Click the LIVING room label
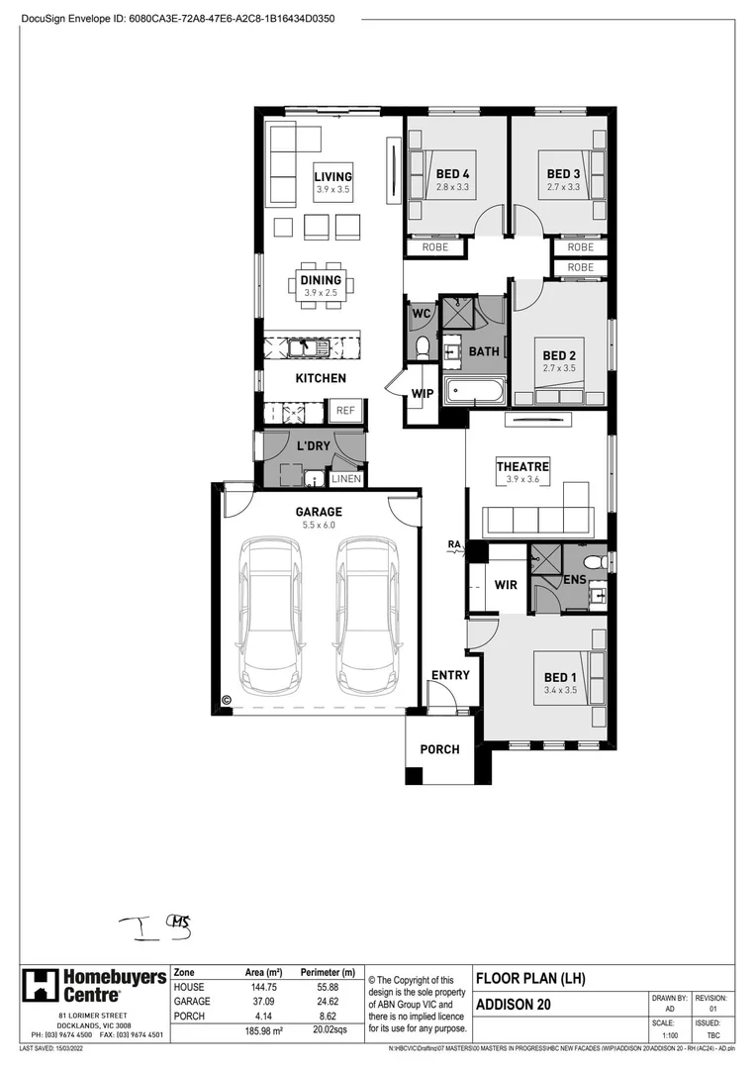[x=333, y=177]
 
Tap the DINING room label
[x=321, y=281]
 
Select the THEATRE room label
[x=522, y=467]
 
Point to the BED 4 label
[x=452, y=174]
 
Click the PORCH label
[x=439, y=749]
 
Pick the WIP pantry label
[x=423, y=394]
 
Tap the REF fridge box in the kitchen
[x=345, y=411]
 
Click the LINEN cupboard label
[x=346, y=479]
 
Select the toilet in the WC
[x=422, y=346]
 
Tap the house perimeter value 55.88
[x=333, y=988]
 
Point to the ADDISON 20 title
[x=515, y=1005]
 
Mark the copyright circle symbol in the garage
[x=226, y=699]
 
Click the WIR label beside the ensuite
[x=506, y=585]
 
